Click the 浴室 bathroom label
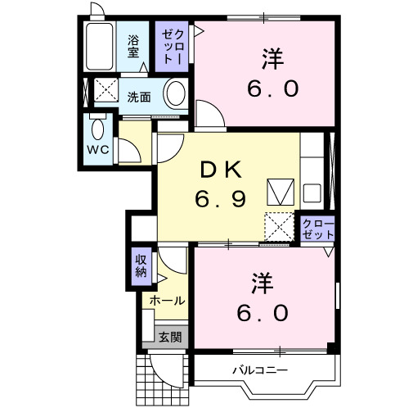(x=132, y=47)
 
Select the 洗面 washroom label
(x=138, y=97)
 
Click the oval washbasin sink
(x=175, y=94)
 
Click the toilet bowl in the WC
(x=98, y=129)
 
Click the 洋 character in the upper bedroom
(x=273, y=58)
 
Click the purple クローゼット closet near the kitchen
(x=318, y=229)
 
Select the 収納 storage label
(x=141, y=267)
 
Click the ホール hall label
(x=167, y=301)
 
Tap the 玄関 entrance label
(x=170, y=336)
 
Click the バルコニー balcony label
(x=258, y=370)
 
